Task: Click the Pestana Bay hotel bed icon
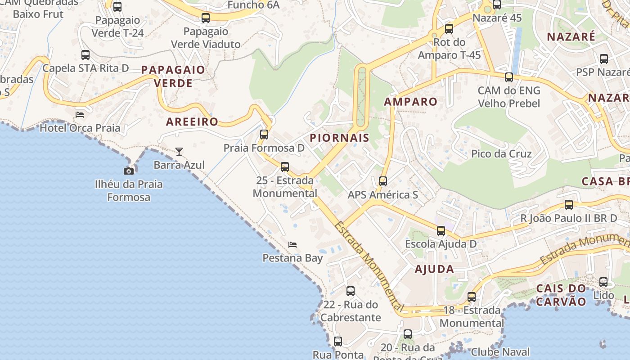(292, 245)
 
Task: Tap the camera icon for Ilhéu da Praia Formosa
(129, 171)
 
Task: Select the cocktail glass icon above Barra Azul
(179, 152)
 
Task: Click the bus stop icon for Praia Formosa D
(264, 134)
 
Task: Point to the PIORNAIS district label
(340, 138)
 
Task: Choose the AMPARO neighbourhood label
(410, 102)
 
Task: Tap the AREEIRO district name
(192, 121)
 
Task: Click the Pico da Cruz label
(501, 154)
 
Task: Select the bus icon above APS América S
(383, 181)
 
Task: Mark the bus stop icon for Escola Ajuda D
(441, 231)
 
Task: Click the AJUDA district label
(434, 269)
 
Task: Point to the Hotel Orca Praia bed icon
(80, 114)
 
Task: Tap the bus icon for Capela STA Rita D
(85, 55)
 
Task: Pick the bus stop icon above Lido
(603, 282)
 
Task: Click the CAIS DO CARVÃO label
(561, 295)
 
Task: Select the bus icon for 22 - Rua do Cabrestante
(351, 291)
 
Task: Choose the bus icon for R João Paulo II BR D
(569, 205)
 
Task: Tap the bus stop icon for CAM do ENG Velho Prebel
(509, 77)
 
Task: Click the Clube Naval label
(500, 352)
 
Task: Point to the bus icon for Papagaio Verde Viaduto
(206, 18)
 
